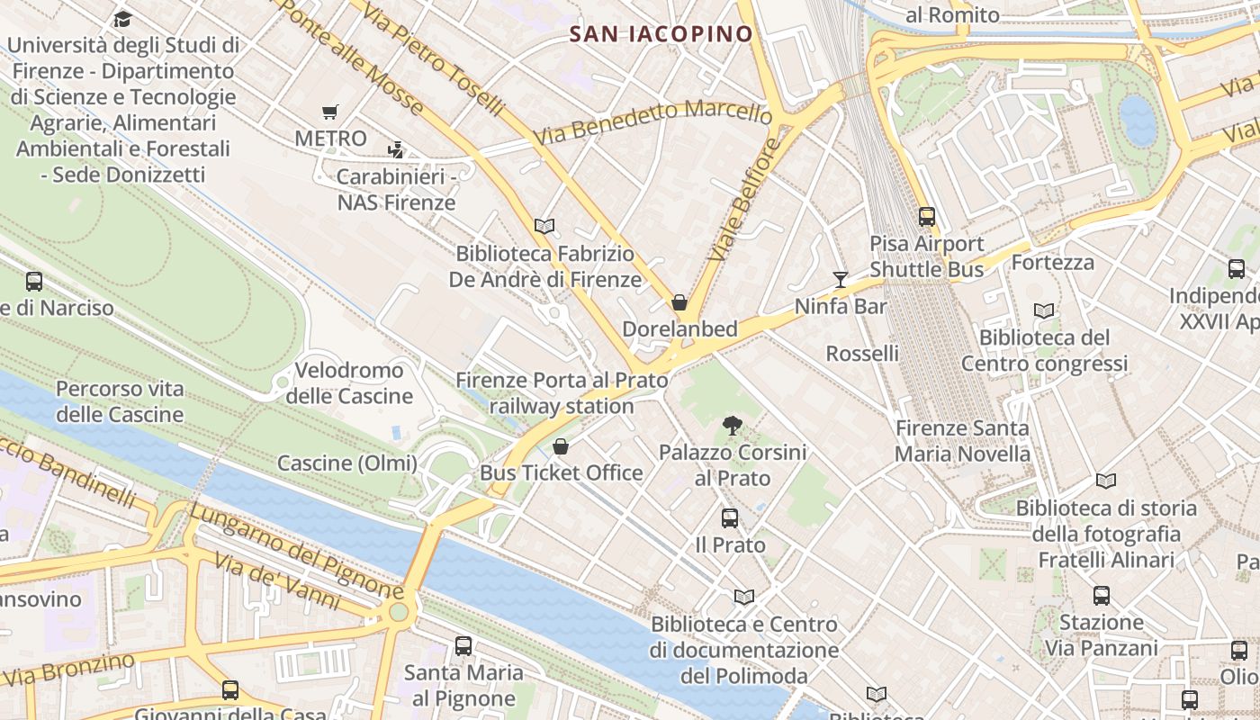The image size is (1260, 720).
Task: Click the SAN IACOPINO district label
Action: [661, 34]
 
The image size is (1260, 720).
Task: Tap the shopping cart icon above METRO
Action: [330, 112]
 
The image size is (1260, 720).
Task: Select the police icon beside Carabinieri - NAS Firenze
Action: [395, 149]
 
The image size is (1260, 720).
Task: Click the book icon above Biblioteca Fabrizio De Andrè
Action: [544, 226]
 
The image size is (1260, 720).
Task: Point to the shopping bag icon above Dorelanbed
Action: [679, 302]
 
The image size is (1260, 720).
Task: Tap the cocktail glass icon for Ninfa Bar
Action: [841, 280]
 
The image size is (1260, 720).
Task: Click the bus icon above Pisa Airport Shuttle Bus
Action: [926, 217]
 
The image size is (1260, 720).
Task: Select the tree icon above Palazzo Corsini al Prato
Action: [733, 425]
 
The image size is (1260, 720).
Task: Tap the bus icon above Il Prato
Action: [730, 518]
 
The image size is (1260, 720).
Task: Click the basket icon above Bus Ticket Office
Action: [561, 446]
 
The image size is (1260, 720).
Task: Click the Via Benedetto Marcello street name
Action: [652, 125]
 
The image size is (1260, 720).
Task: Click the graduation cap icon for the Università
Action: [122, 19]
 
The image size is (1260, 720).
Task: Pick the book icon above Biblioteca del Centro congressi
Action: [1044, 310]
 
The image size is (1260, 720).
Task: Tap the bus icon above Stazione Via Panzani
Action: [1102, 595]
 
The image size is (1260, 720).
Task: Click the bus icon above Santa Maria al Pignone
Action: [463, 645]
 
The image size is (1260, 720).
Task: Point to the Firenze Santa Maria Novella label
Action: [962, 441]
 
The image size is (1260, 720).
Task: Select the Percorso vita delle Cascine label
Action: [120, 401]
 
